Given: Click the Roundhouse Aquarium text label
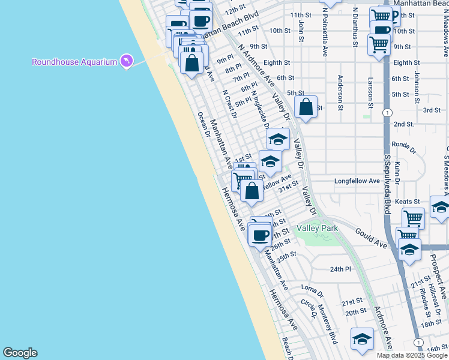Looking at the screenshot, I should (x=74, y=62).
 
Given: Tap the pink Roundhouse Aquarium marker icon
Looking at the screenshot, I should (x=126, y=61).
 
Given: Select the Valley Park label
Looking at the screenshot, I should (x=318, y=228).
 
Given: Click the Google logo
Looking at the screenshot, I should (x=20, y=353).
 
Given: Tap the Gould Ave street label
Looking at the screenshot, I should (x=370, y=237).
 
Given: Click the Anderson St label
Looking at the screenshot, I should (x=340, y=93).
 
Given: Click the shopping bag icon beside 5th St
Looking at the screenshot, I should (x=306, y=107).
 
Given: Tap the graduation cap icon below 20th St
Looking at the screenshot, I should (x=362, y=340).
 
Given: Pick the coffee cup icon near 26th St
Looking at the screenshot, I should (x=261, y=235).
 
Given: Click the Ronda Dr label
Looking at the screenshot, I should (x=403, y=145).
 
